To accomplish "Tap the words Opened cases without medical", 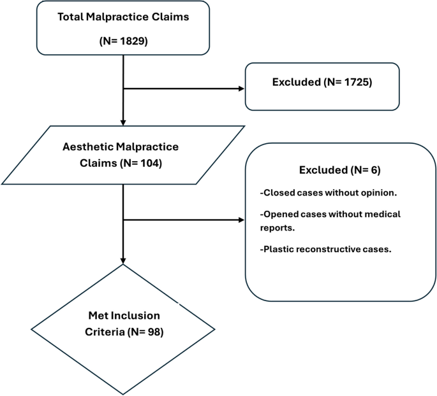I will coord(330,215).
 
